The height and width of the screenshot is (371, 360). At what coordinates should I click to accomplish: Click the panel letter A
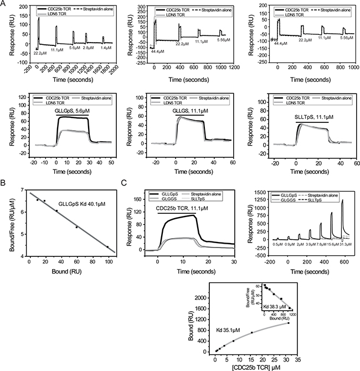4,4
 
